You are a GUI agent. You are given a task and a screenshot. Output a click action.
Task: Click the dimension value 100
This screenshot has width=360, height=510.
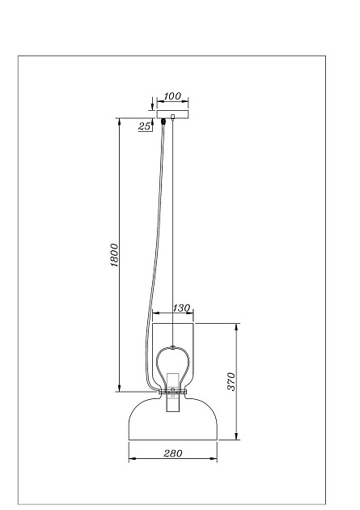pyautogui.click(x=172, y=96)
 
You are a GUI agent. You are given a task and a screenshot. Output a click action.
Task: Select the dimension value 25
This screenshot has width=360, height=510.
pyautogui.click(x=145, y=126)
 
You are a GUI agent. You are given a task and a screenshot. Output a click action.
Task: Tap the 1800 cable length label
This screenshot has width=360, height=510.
pyautogui.click(x=114, y=255)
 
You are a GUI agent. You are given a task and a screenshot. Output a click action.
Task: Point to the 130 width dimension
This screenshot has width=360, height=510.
pyautogui.click(x=181, y=308)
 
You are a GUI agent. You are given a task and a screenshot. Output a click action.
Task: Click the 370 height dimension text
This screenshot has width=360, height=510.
pyautogui.click(x=231, y=381)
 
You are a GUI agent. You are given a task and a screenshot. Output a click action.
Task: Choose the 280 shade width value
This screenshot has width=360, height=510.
pyautogui.click(x=173, y=453)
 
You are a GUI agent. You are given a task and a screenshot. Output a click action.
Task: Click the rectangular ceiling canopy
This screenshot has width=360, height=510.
pyautogui.click(x=172, y=114)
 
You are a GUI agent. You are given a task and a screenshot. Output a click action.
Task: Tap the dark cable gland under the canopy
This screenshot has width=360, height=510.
pyautogui.click(x=163, y=121)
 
